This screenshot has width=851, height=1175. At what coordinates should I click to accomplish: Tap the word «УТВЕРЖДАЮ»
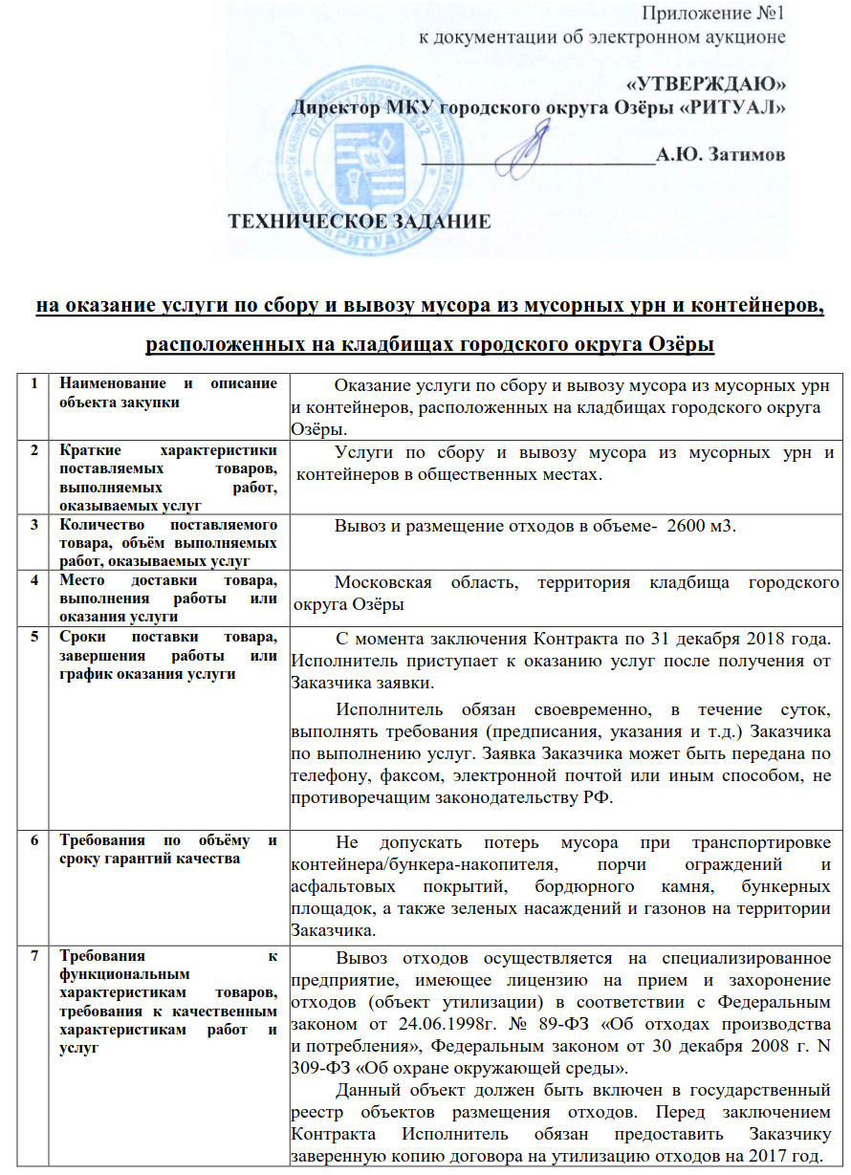[x=707, y=83]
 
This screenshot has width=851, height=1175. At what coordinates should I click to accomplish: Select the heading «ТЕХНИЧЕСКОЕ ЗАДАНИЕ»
[x=358, y=222]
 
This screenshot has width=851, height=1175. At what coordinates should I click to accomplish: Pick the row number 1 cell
[x=34, y=383]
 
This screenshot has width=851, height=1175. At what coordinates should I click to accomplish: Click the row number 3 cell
[x=34, y=524]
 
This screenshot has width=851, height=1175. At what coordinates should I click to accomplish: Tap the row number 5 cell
[x=34, y=637]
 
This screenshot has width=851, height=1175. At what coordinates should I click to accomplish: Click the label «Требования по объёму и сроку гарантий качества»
[x=167, y=849]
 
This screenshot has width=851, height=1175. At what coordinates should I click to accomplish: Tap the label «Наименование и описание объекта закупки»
[x=167, y=391]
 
